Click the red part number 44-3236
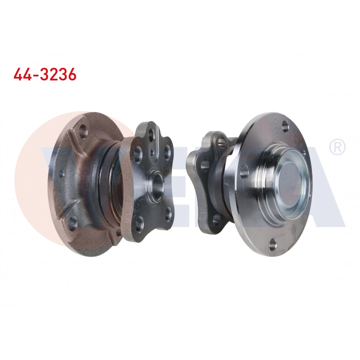pyautogui.click(x=45, y=74)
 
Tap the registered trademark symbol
pyautogui.click(x=337, y=147)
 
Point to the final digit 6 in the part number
pyautogui.click(x=71, y=74)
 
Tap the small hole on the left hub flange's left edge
pyautogui.click(x=61, y=174)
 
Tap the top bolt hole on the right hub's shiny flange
pyautogui.click(x=285, y=127)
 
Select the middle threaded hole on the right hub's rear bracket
pyautogui.click(x=205, y=164)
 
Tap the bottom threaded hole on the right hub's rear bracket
pyautogui.click(x=216, y=219)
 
